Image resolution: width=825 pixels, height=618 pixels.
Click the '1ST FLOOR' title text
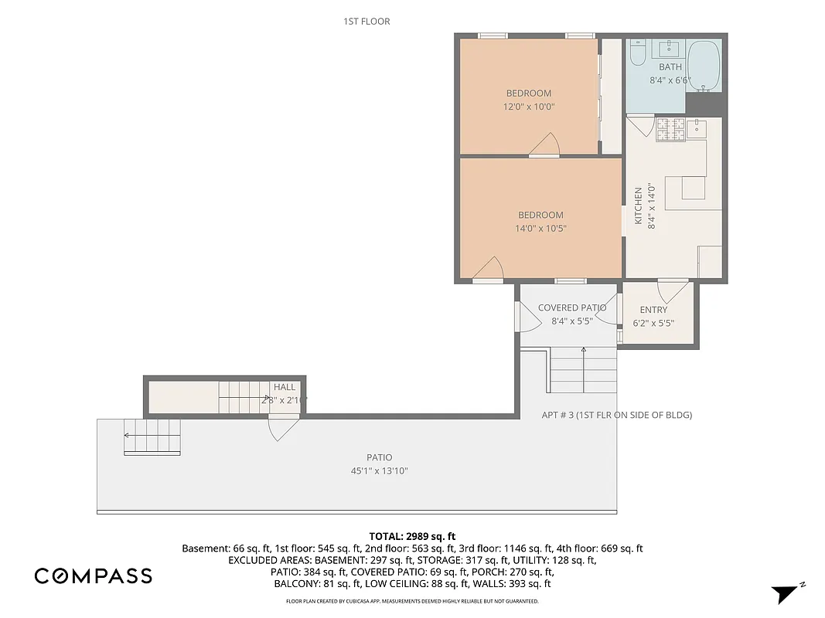point(366,22)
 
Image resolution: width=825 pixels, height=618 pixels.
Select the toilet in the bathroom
point(638,54)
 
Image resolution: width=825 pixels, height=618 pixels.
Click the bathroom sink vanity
point(670,49)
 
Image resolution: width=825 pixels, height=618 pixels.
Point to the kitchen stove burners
point(670,129)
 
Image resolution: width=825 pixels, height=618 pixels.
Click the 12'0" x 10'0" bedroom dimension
point(529,107)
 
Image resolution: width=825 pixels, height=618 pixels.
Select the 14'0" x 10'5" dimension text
point(540,229)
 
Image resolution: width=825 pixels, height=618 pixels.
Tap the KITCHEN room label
point(639,205)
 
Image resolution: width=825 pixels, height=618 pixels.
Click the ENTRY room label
point(653,310)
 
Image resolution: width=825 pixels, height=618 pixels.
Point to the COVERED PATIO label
point(572,307)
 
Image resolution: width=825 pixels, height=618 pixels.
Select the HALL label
point(284,387)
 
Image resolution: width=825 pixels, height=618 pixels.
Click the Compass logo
point(93,576)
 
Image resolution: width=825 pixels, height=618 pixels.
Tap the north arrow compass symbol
point(785,593)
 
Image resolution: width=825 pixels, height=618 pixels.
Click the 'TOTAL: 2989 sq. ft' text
point(412,535)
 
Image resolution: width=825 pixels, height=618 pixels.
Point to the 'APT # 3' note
point(616,415)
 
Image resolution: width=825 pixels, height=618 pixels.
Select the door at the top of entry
point(673,290)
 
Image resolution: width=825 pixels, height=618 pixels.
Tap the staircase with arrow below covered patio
point(583,371)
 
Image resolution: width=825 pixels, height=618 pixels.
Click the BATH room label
point(670,67)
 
